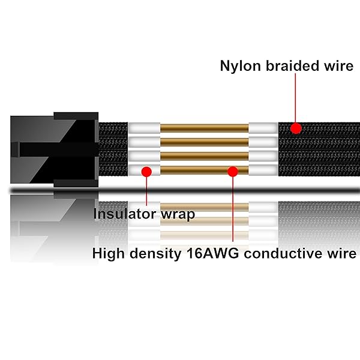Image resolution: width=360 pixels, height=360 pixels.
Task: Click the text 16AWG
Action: pos(210,253)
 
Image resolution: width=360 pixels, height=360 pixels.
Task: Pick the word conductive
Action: pos(285,253)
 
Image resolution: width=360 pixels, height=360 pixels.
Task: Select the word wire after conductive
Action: pos(341,253)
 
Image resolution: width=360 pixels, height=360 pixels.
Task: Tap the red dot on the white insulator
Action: pos(145,171)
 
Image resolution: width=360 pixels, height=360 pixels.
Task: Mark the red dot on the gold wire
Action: pos(233,171)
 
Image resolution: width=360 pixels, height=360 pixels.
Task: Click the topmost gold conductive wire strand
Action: pos(204,128)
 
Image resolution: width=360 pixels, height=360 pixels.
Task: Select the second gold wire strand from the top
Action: pos(204,143)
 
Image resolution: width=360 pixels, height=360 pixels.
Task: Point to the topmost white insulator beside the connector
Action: pos(144,128)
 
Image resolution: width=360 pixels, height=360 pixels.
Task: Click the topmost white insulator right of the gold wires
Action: pos(263,128)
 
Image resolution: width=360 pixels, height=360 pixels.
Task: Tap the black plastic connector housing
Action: pos(54,150)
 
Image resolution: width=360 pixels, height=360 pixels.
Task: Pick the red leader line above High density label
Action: pos(233,210)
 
